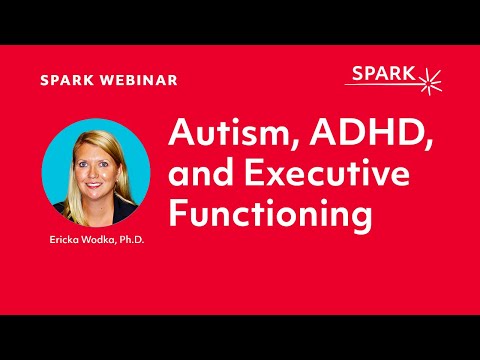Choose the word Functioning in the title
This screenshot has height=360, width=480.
(270, 214)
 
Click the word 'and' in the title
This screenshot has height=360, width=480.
(197, 176)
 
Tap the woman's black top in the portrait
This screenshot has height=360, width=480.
(80, 214)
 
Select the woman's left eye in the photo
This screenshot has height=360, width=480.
(105, 162)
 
